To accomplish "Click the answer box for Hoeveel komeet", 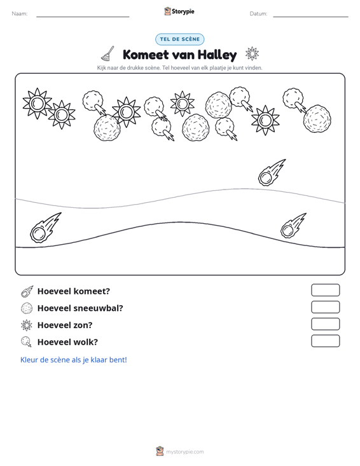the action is tap(325, 290).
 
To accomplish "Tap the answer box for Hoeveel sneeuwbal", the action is tap(325, 307).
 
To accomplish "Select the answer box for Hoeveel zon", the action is tap(325, 324).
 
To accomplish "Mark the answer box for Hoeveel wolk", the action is tap(325, 341).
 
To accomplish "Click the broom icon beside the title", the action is tap(107, 53).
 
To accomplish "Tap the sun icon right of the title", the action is tap(252, 54).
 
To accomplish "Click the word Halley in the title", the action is tap(217, 55).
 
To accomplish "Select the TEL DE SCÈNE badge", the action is tap(179, 39).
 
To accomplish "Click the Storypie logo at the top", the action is tap(179, 11).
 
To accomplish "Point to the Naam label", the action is tap(20, 14).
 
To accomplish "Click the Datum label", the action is tap(258, 14).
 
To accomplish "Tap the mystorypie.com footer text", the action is tap(184, 452).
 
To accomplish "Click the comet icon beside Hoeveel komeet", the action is tap(27, 292).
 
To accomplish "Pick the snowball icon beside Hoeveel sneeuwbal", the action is tap(27, 308).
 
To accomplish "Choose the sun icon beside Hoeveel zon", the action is tap(27, 326).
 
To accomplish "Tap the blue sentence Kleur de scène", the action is tap(73, 360).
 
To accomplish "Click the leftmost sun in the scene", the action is tap(37, 104).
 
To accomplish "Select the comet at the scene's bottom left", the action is tap(46, 228).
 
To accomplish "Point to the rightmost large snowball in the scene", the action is tap(317, 119).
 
